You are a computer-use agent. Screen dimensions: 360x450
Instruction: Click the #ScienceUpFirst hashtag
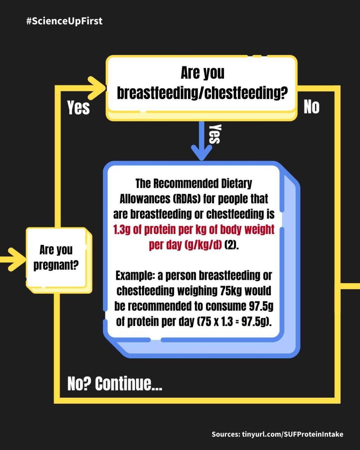[x=64, y=21]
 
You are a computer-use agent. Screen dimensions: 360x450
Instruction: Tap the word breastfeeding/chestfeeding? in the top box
[x=202, y=92]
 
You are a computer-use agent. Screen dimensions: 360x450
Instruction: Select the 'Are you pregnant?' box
[x=59, y=260]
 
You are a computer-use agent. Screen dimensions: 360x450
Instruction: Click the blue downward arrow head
[x=201, y=153]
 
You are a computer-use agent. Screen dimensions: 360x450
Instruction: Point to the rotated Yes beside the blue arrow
[x=215, y=134]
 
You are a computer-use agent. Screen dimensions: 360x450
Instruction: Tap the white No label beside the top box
[x=311, y=107]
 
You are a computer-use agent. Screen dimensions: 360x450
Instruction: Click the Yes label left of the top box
[x=78, y=108]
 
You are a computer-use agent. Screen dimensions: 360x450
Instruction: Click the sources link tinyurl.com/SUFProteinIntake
[x=292, y=434]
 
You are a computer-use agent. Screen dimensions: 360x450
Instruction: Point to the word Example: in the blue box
[x=135, y=276]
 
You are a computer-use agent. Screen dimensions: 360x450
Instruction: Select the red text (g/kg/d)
[x=203, y=245]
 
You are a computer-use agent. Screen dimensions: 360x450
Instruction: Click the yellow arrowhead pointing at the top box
[x=96, y=88]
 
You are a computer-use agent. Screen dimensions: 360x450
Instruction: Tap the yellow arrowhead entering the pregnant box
[x=17, y=259]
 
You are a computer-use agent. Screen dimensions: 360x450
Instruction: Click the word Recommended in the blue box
[x=186, y=184]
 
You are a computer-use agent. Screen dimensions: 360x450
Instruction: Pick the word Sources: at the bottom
[x=226, y=434]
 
